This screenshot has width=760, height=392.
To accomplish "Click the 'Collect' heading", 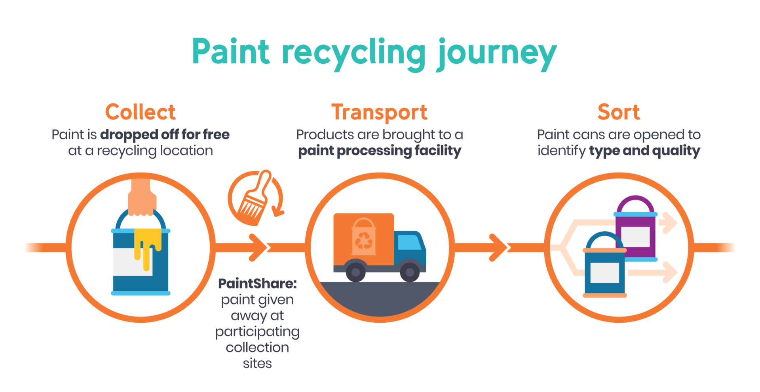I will (x=141, y=112).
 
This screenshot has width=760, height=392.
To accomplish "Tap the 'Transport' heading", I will (x=379, y=112).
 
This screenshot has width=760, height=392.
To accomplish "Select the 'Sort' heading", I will (x=618, y=112).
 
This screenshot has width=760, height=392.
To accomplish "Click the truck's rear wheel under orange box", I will (x=355, y=272).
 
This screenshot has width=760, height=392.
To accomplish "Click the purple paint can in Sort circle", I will (x=636, y=230).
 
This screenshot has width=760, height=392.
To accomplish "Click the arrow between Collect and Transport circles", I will (x=259, y=247).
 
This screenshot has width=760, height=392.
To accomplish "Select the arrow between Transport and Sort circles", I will (x=500, y=247).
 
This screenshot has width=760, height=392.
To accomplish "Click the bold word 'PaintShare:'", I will (x=257, y=284).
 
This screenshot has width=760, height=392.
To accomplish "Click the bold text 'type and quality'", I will (x=644, y=151).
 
